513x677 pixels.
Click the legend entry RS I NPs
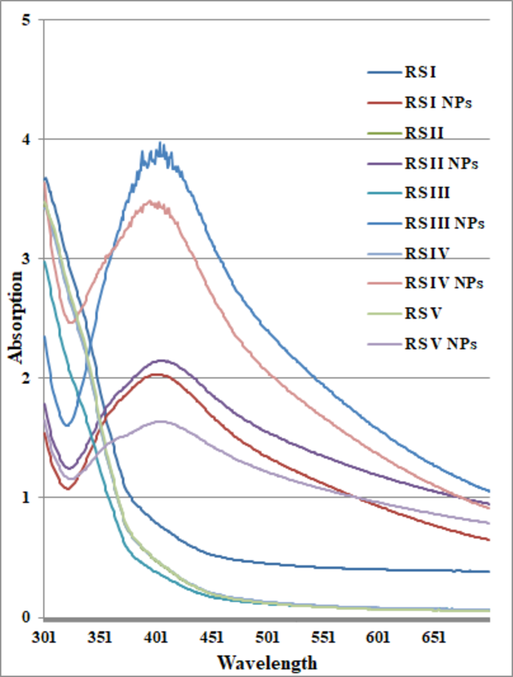click(438, 102)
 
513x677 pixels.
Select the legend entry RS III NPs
click(444, 223)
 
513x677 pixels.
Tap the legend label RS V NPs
click(440, 344)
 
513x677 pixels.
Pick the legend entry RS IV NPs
click(443, 283)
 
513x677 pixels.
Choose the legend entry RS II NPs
click(441, 163)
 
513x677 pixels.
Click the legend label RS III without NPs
click(427, 193)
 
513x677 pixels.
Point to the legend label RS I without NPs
click(420, 72)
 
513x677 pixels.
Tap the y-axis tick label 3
click(26, 259)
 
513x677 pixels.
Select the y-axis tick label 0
click(26, 617)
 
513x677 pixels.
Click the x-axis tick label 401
click(156, 637)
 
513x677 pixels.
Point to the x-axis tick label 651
click(434, 637)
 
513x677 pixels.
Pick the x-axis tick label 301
click(44, 637)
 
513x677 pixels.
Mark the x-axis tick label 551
click(323, 637)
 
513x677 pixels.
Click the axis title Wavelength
click(267, 663)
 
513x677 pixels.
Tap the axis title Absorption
click(15, 317)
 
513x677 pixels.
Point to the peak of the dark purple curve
click(163, 360)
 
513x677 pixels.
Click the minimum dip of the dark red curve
click(68, 488)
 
